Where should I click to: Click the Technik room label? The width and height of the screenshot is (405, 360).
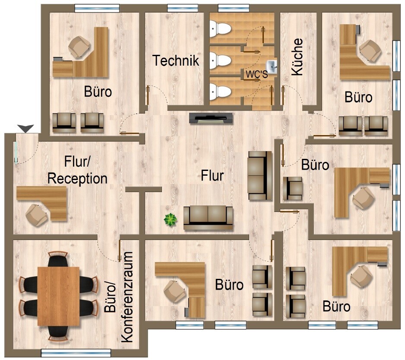[176, 60]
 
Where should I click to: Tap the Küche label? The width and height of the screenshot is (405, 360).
[297, 57]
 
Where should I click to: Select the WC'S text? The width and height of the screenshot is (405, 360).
[257, 74]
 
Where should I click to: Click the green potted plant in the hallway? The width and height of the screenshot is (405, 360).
[171, 220]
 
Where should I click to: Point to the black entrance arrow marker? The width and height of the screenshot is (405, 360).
[25, 128]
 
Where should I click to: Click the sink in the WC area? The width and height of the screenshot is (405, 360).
[272, 66]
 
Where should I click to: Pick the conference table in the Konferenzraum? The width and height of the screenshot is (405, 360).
[58, 296]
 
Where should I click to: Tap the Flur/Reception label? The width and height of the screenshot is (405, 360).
[77, 171]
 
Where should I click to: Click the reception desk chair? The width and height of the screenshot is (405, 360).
[36, 215]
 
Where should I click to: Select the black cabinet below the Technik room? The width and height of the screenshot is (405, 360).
[211, 119]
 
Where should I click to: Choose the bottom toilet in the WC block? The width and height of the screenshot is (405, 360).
[220, 92]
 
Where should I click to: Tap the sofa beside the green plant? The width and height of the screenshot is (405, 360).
[208, 218]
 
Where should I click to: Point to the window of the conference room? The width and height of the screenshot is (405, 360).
[76, 353]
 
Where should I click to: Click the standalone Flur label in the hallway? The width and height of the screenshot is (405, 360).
[212, 175]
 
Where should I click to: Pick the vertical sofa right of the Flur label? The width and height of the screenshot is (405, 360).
[260, 176]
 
